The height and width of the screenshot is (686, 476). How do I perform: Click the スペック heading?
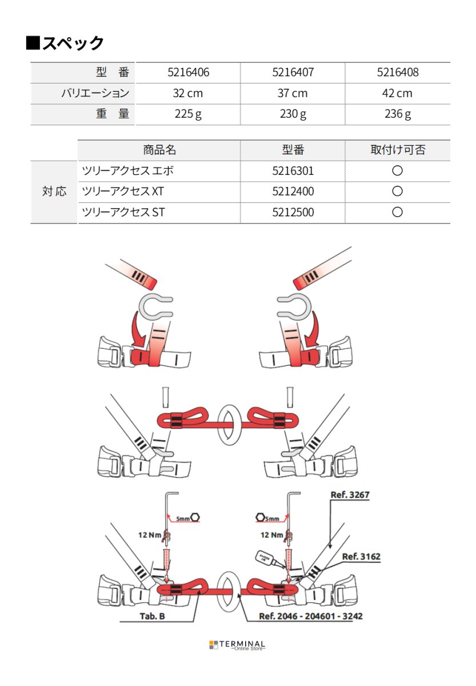65,43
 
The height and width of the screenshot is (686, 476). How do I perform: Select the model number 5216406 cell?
188,73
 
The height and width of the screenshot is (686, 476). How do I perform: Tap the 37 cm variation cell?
292,93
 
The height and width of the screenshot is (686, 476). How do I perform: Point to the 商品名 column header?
159,150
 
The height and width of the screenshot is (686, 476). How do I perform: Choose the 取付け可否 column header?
397,150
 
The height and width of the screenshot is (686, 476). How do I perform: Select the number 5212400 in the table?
293,192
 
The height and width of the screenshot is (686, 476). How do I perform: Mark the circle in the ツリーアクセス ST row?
397,212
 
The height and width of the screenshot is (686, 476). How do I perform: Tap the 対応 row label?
54,192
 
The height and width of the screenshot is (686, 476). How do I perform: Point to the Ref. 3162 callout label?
361,556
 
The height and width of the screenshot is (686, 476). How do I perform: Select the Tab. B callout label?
153,616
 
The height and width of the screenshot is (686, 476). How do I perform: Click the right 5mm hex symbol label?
268,517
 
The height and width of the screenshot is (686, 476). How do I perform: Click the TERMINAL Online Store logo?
237,645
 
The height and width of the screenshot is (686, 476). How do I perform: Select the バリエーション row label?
95,93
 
